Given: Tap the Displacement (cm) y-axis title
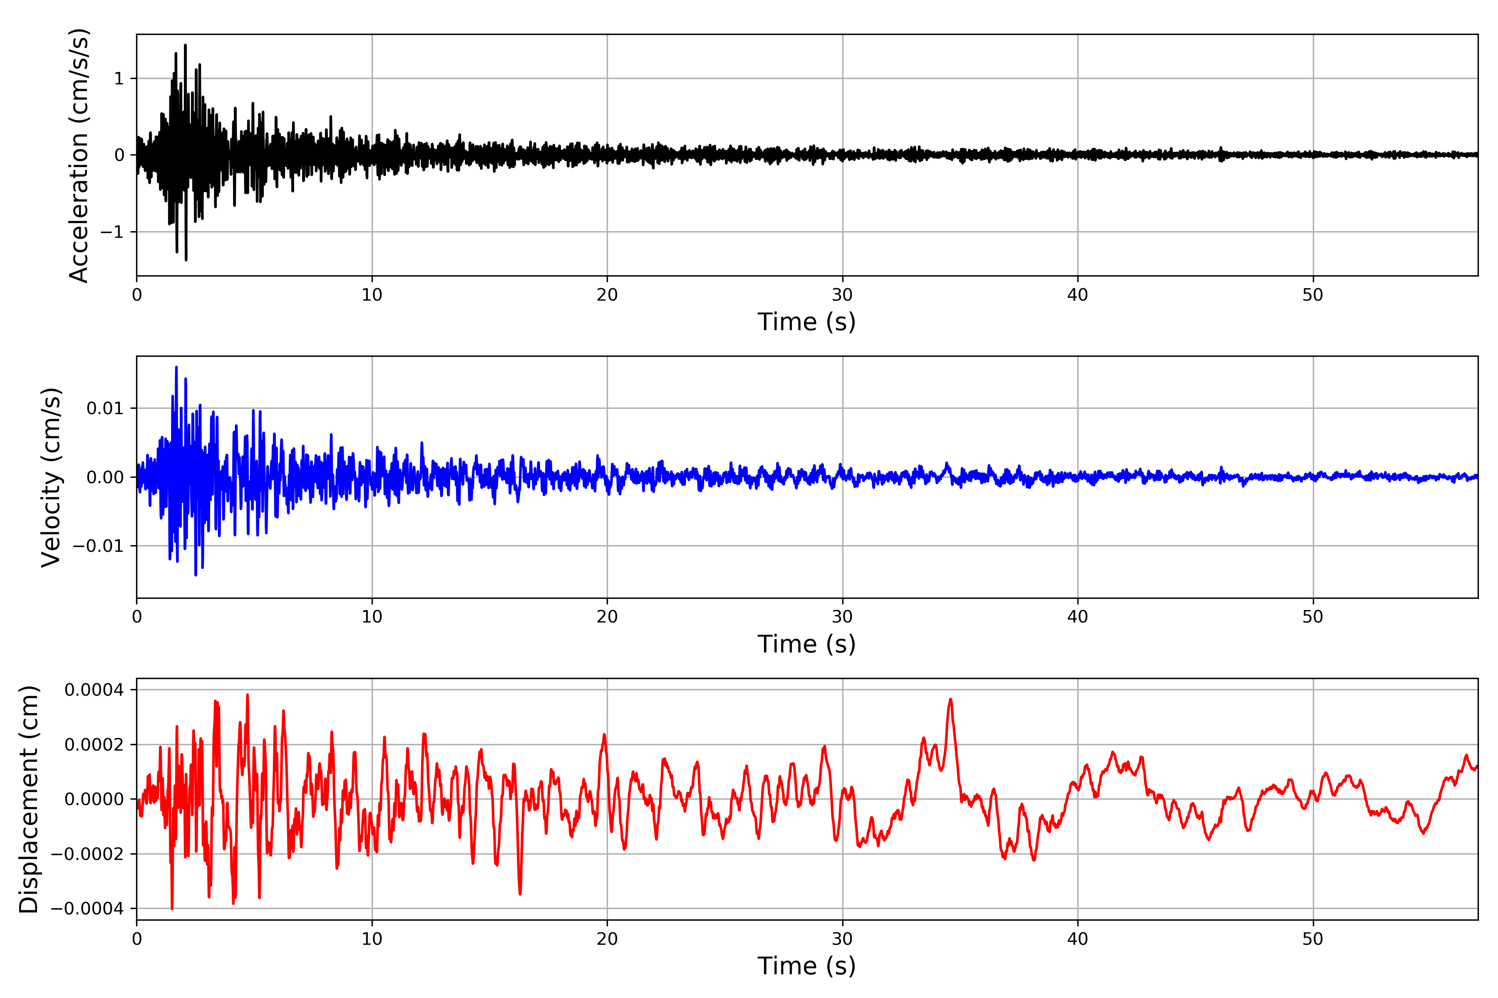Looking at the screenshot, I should coord(29,799).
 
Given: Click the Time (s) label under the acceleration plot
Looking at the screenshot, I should coord(806,322).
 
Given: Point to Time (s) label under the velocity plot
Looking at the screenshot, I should coord(806,644).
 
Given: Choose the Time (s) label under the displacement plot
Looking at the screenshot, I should coord(806,966).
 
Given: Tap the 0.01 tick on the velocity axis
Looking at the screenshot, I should coord(105,408).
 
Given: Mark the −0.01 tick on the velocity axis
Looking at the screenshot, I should coord(98,546).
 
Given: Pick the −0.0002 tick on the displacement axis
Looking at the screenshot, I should coord(87,854).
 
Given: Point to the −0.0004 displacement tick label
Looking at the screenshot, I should coord(87,909).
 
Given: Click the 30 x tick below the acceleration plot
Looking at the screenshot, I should coord(842,295).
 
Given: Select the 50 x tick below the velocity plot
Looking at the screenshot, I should coord(1313,617).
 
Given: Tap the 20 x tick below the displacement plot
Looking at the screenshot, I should coord(607,939).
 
